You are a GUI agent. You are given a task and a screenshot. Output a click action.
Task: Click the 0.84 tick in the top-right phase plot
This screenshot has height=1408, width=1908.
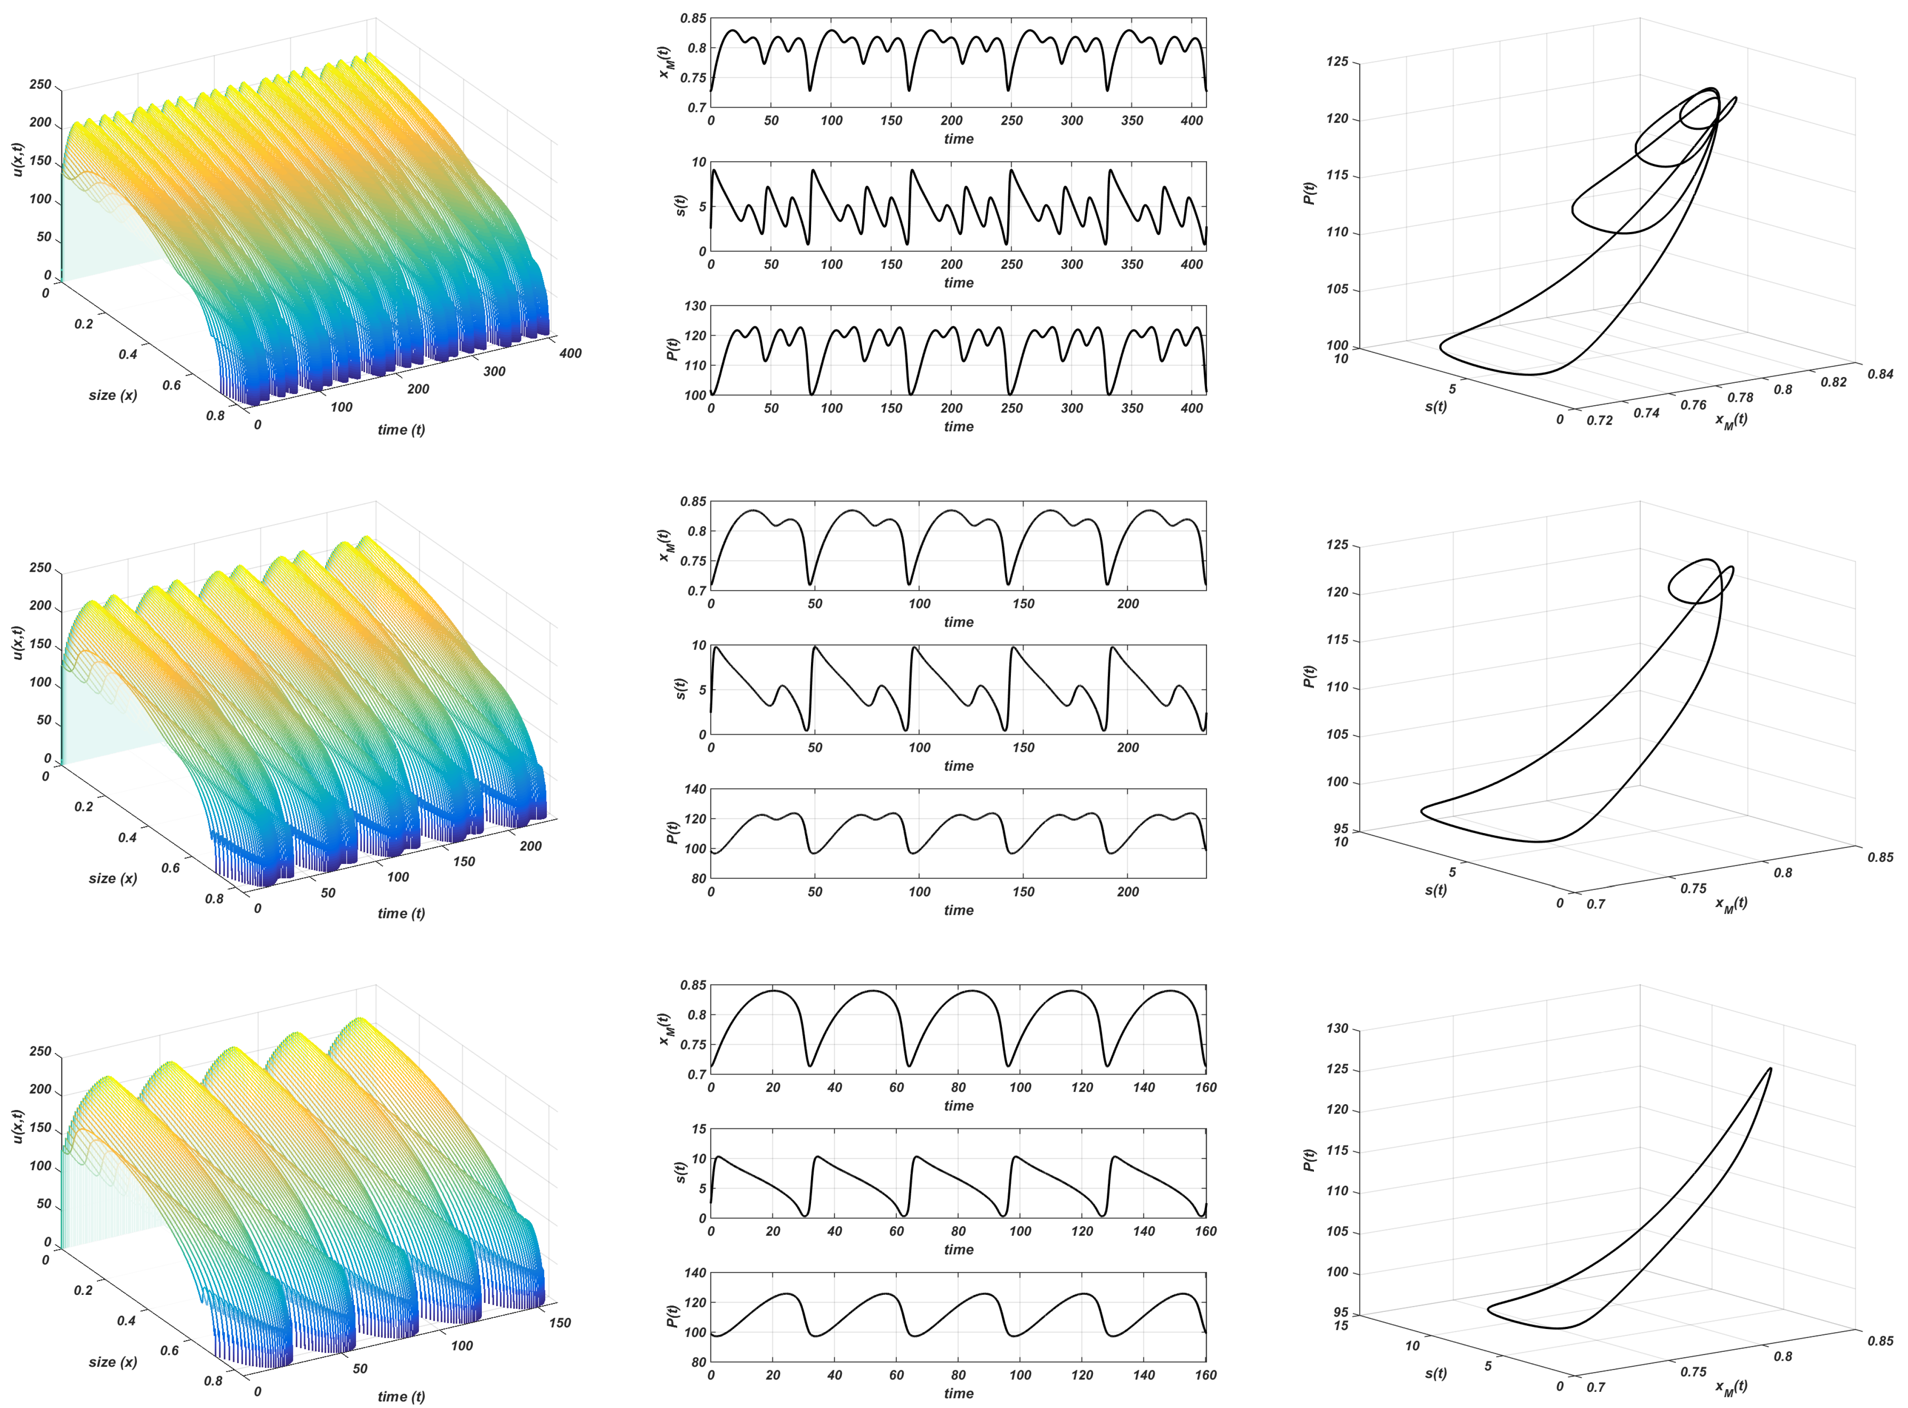coord(1880,374)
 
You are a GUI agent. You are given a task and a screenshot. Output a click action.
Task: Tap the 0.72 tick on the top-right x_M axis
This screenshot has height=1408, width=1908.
coord(1600,420)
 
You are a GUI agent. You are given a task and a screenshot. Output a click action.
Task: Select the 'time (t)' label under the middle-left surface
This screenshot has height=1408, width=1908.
coord(401,914)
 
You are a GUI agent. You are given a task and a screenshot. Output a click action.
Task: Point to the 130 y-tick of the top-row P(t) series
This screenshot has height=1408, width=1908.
coord(695,306)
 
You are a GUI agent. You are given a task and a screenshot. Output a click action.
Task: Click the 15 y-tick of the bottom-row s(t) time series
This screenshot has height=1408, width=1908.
coord(699,1129)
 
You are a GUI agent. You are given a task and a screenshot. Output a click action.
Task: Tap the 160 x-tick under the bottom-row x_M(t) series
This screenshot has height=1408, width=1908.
coord(1205,1088)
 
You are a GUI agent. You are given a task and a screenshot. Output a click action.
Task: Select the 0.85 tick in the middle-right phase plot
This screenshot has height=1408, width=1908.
coord(1880,857)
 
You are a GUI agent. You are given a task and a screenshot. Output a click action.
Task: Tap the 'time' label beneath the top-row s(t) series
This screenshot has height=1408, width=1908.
coord(958,283)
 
